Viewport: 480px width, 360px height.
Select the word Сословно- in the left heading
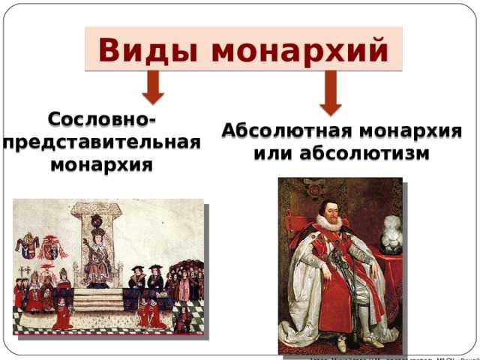click(101, 120)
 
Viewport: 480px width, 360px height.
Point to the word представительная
click(101, 142)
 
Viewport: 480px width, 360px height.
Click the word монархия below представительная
click(101, 164)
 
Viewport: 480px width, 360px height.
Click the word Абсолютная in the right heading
click(283, 131)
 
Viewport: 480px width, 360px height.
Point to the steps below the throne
click(97, 300)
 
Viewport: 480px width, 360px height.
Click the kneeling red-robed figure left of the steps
click(60, 314)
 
